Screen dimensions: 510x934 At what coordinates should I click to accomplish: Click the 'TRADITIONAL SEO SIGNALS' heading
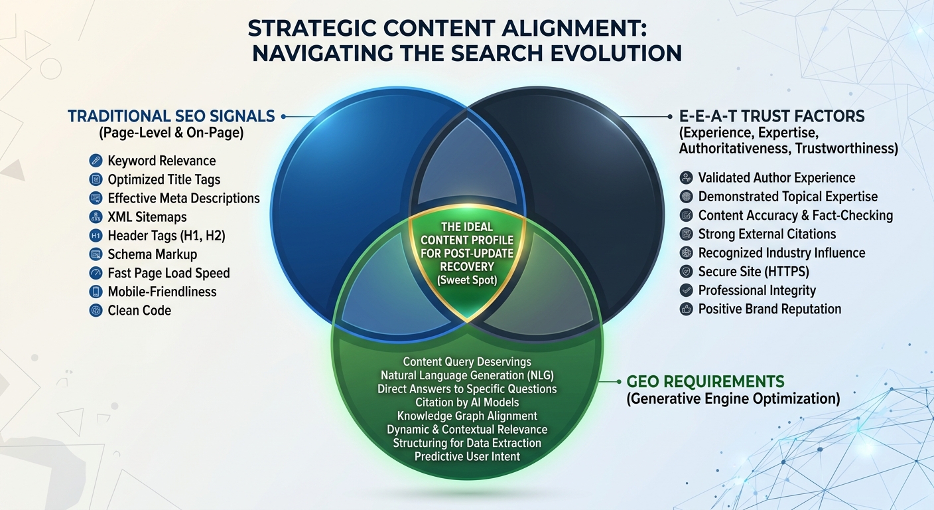(171, 116)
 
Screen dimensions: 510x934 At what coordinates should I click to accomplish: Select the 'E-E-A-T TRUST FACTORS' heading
(772, 116)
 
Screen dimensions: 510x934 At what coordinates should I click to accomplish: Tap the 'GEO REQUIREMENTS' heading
(705, 382)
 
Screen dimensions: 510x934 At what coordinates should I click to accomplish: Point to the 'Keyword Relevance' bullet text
(161, 161)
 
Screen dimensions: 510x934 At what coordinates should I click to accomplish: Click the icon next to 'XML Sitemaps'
(96, 216)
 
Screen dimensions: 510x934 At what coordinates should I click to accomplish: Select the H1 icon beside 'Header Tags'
(96, 235)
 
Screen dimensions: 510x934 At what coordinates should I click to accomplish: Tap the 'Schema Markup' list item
(152, 254)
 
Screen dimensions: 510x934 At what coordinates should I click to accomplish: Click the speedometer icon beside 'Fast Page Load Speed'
(96, 273)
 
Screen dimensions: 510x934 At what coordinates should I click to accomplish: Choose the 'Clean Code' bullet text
(139, 310)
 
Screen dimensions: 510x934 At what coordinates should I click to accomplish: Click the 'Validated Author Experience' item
(777, 177)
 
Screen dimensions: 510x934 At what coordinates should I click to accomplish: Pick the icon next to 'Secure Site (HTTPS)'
(687, 271)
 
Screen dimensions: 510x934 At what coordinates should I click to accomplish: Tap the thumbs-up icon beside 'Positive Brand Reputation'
(687, 309)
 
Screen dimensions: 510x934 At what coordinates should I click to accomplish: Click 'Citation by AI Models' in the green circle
(467, 402)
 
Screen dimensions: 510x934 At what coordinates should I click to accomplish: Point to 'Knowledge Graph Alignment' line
(467, 416)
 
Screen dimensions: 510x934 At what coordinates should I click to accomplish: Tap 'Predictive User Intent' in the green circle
(467, 456)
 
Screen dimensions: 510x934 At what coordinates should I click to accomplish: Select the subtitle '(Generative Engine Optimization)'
(733, 398)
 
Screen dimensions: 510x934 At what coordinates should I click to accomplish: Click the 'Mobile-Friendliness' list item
(162, 292)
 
